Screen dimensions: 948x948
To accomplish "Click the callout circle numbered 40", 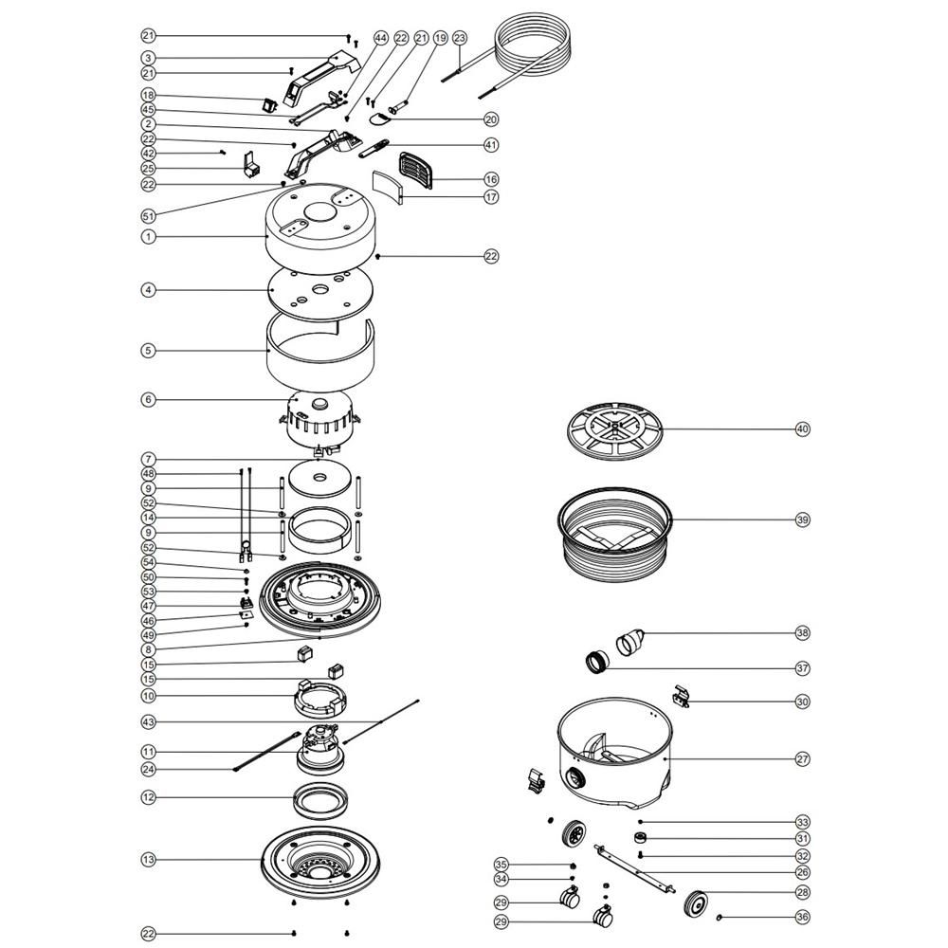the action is click(x=802, y=429).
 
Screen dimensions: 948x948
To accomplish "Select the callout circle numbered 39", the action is click(x=802, y=520).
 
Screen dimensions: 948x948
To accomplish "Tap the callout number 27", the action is click(x=802, y=759).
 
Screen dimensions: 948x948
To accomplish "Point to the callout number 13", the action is click(x=148, y=860).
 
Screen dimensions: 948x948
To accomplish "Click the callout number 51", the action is click(x=148, y=216).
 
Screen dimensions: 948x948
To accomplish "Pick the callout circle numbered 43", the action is click(x=148, y=722).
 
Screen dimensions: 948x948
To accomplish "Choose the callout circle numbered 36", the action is click(x=802, y=917).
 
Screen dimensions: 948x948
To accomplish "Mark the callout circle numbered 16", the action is click(x=491, y=179).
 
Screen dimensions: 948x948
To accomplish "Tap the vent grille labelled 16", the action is click(x=416, y=171).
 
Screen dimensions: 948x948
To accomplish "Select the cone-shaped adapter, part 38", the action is click(x=629, y=642).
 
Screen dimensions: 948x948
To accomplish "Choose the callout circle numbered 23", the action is click(x=460, y=38).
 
